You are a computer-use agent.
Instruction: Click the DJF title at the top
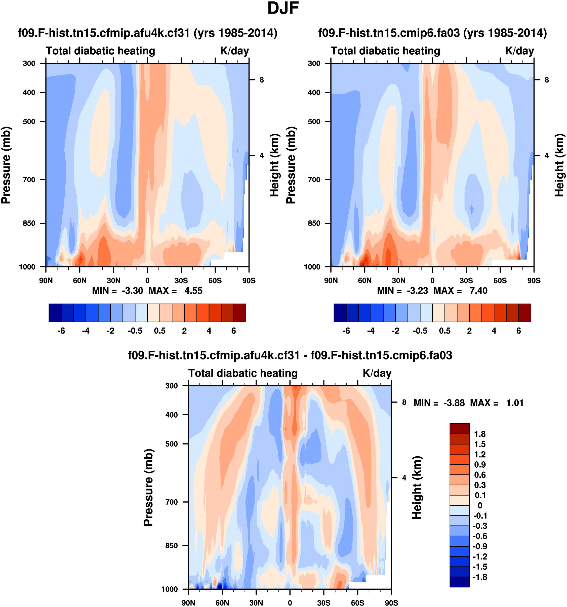(x=283, y=9)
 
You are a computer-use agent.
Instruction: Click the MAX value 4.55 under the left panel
(x=193, y=291)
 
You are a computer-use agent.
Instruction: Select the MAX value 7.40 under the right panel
(x=478, y=291)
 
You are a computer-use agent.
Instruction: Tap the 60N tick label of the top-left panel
(x=80, y=280)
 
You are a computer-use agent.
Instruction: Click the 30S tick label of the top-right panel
(x=466, y=280)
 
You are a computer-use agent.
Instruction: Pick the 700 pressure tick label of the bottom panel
(x=172, y=502)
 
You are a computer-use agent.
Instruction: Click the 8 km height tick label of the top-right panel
(x=547, y=80)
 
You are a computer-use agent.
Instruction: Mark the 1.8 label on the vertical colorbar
(x=480, y=434)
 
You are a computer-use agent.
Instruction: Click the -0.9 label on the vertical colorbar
(x=480, y=546)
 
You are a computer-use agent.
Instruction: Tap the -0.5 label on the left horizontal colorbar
(x=135, y=331)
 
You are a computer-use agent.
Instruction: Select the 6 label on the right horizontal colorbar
(x=518, y=331)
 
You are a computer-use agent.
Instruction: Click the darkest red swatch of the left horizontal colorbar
(x=240, y=313)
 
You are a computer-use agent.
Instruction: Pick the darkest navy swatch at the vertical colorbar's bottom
(x=459, y=582)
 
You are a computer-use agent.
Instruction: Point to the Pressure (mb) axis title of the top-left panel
(x=6, y=165)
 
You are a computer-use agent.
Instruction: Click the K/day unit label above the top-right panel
(x=519, y=51)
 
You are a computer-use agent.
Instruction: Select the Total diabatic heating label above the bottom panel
(x=243, y=373)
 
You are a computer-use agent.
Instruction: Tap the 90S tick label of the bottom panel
(x=391, y=603)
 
